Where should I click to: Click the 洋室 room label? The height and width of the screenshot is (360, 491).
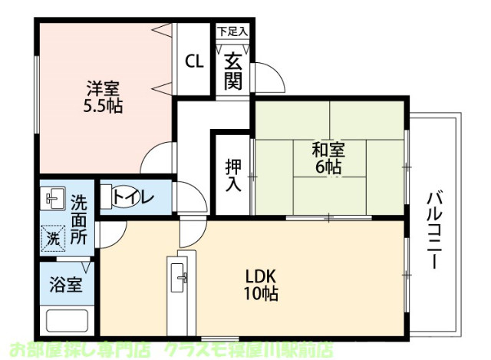point(102,88)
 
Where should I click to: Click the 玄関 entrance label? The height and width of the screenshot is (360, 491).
point(233,70)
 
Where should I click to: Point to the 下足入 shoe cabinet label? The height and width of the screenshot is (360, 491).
point(232,32)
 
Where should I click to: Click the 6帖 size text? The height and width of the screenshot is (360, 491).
point(328,167)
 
